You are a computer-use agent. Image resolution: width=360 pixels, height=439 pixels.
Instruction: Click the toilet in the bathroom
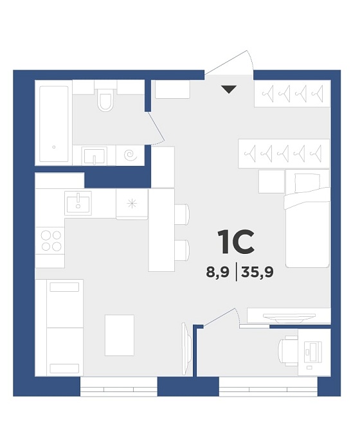(x=105, y=100)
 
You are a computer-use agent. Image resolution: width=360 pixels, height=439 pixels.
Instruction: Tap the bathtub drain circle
(x=54, y=147)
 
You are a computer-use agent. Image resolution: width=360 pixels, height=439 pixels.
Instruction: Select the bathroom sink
(x=94, y=156)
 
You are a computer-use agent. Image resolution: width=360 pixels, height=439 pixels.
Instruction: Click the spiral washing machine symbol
(x=130, y=155)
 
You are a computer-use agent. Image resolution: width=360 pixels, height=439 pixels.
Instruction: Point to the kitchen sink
(x=78, y=203)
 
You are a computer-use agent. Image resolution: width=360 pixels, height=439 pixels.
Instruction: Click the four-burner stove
(x=51, y=241)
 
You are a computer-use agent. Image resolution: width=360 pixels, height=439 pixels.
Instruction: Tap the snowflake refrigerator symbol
(x=132, y=204)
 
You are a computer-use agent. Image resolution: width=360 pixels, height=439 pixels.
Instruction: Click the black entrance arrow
(x=229, y=89)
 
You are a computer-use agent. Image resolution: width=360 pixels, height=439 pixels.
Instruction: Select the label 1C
(x=236, y=242)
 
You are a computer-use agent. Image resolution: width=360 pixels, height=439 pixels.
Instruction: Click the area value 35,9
(x=257, y=272)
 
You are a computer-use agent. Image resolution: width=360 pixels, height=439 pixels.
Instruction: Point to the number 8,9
(x=217, y=272)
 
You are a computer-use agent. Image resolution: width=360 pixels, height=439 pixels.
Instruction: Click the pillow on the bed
(x=307, y=183)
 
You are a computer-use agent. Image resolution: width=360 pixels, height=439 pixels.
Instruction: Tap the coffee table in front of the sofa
(x=120, y=335)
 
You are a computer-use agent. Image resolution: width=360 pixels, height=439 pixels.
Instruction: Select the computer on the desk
(x=313, y=351)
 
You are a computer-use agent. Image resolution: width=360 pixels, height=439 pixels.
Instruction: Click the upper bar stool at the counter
(x=182, y=214)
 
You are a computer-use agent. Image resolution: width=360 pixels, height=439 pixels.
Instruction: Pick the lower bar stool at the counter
(x=182, y=250)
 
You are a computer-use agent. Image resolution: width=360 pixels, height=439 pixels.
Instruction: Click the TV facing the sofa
(x=186, y=348)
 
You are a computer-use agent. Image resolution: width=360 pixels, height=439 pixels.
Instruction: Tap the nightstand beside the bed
(x=271, y=181)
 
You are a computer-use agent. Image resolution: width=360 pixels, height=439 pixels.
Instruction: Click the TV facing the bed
(x=289, y=318)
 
